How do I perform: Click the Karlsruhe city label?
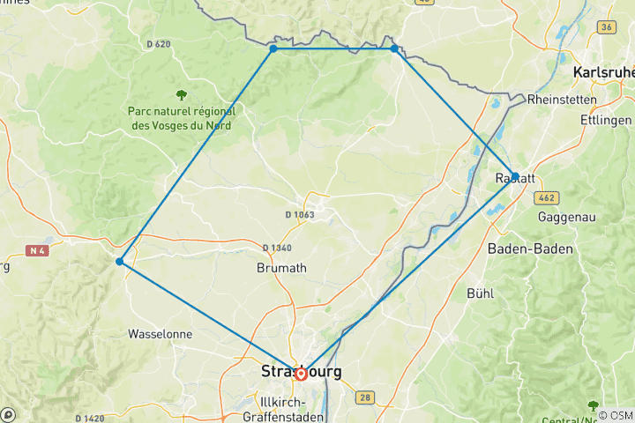tap(604, 72)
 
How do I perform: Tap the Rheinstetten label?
tap(562, 100)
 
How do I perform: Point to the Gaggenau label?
tap(567, 216)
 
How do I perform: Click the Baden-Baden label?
tap(530, 249)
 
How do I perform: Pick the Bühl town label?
tap(481, 292)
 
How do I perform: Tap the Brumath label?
tap(280, 268)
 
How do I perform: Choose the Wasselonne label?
tap(161, 335)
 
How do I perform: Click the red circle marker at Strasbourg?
tap(301, 374)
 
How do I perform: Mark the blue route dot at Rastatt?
tap(513, 175)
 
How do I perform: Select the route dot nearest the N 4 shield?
tap(119, 261)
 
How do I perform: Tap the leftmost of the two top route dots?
tap(273, 48)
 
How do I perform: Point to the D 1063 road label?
tap(300, 214)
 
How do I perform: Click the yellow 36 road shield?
tap(605, 27)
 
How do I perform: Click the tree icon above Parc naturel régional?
tap(181, 95)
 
